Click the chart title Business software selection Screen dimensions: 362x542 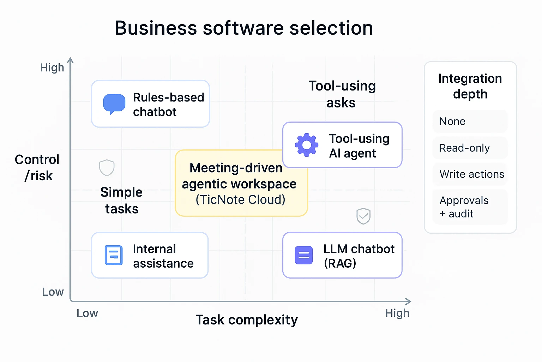coord(244,28)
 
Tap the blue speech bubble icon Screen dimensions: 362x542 coord(114,104)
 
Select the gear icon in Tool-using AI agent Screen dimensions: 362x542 coord(307,145)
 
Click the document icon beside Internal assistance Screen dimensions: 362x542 coord(114,255)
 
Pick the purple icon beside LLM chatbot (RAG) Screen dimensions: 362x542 coord(304,255)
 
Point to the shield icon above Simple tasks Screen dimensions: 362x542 coord(107,168)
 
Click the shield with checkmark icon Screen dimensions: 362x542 coord(363,216)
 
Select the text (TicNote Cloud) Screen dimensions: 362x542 coord(240,200)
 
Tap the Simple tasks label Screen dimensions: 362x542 coord(121,200)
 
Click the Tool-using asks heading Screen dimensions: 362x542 coord(342,94)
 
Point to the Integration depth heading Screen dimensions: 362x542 coord(470,86)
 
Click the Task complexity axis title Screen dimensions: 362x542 coord(247,320)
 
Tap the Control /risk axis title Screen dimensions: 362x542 coord(37,168)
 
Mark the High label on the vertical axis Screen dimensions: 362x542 coord(52,68)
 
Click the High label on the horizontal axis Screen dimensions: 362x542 coord(397,313)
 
